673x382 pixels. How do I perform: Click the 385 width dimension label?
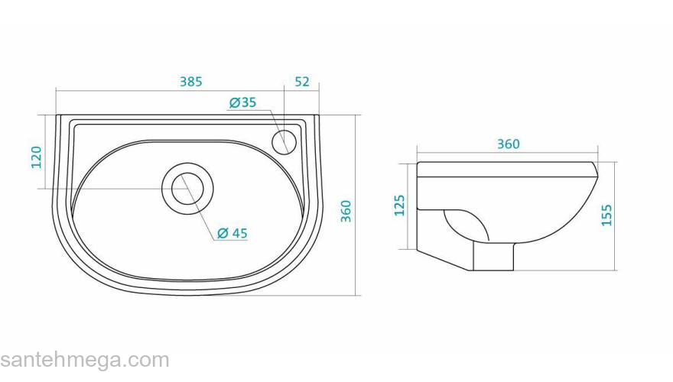tap(190, 82)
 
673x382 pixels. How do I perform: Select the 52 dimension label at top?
tap(302, 82)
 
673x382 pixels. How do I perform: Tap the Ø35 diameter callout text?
tap(242, 102)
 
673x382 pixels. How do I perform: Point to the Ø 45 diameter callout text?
tap(232, 233)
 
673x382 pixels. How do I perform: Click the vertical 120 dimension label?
tap(37, 157)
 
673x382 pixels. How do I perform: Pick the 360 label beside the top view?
tap(346, 211)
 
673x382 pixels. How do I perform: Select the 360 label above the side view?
tap(508, 144)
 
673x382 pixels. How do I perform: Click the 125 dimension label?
tap(399, 206)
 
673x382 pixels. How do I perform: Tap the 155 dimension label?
tap(606, 215)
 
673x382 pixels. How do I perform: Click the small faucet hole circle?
tap(284, 142)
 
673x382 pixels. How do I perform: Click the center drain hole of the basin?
tap(187, 188)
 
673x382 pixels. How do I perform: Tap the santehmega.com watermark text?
tap(85, 361)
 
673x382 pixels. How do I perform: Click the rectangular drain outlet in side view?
tap(493, 256)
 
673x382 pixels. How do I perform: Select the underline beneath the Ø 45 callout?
tap(230, 240)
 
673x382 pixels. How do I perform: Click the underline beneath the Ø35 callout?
tap(249, 110)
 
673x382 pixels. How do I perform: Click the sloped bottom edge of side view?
tap(444, 260)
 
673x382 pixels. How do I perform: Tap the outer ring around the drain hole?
tap(187, 163)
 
